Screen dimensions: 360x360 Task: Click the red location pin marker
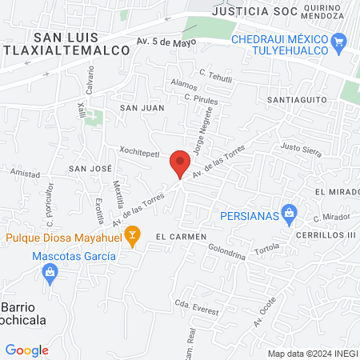pyautogui.click(x=180, y=164)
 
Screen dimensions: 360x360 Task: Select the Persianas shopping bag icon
pyautogui.click(x=290, y=214)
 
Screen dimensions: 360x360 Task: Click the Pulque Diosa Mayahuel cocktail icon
pyautogui.click(x=134, y=235)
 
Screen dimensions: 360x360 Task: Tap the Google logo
pyautogui.click(x=26, y=350)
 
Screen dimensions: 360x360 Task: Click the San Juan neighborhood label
pyautogui.click(x=142, y=106)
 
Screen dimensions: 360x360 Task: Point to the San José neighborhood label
pyautogui.click(x=89, y=168)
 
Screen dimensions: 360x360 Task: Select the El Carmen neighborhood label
pyautogui.click(x=176, y=237)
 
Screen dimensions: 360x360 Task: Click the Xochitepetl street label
pyautogui.click(x=140, y=150)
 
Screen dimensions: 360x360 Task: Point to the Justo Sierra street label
pyautogui.click(x=301, y=147)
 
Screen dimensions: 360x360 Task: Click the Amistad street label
pyautogui.click(x=26, y=173)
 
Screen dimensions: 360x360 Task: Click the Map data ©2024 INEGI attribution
pyautogui.click(x=312, y=354)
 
